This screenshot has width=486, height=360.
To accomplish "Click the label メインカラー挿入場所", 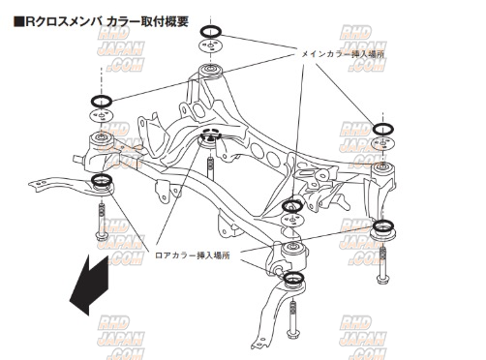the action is tap(343, 54).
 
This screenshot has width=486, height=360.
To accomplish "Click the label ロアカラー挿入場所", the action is tap(193, 255).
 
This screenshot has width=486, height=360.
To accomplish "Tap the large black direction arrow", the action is tap(89, 285).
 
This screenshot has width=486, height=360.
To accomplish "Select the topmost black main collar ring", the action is tap(211, 32).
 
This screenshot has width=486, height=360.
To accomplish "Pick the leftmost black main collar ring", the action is tap(102, 101).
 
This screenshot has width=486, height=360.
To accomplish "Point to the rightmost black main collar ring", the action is tap(383, 129).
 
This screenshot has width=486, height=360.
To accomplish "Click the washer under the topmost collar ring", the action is tap(211, 46).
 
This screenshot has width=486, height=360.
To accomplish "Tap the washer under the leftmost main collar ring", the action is tap(102, 115).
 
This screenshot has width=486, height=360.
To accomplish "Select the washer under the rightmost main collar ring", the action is tap(383, 142).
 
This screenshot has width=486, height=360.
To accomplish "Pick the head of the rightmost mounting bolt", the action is tap(382, 279).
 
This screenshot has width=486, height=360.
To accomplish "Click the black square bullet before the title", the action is tap(19, 21).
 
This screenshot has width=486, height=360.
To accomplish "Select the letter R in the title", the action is tap(30, 21).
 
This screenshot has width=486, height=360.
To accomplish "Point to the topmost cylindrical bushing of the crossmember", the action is tap(210, 72).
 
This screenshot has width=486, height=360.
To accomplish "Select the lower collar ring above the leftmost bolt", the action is tap(102, 179).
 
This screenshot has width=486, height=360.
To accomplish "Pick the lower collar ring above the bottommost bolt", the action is tap(293, 278).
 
